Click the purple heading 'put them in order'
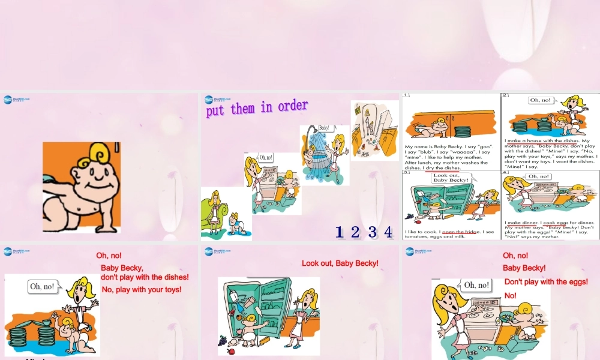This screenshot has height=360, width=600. (257, 109)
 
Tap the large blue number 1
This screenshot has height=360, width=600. (339, 232)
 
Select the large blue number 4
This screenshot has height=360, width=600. (388, 232)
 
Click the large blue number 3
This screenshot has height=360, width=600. (372, 232)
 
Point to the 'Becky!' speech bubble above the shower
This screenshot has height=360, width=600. (324, 128)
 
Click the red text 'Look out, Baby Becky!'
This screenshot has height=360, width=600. (340, 263)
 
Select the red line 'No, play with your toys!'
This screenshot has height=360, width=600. (142, 290)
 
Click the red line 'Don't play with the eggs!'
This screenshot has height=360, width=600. (546, 281)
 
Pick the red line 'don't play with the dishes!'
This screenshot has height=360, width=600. (145, 277)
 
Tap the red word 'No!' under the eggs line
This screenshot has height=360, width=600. (510, 295)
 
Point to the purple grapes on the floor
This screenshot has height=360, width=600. (223, 340)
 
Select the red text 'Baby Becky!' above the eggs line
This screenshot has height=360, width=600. (524, 268)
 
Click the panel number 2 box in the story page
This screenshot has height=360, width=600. (505, 95)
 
